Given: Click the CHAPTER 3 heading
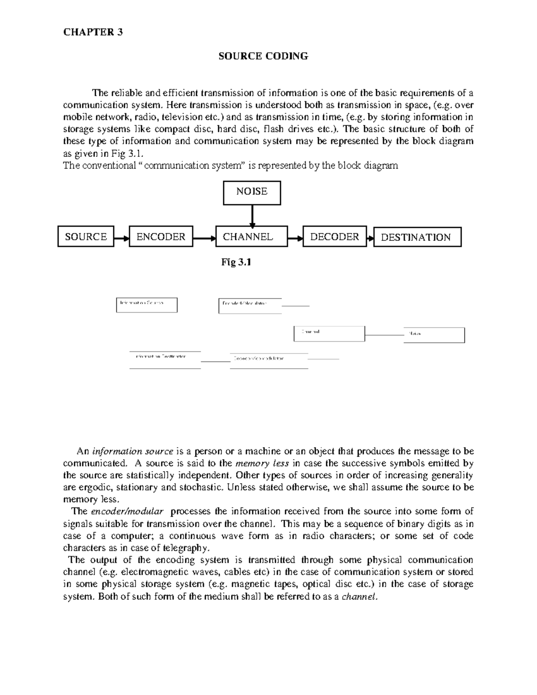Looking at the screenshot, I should pyautogui.click(x=93, y=32).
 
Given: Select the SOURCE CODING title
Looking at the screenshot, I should pyautogui.click(x=263, y=56).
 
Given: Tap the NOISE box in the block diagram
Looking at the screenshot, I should pyautogui.click(x=252, y=192).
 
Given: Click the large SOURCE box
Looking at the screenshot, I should pyautogui.click(x=86, y=237).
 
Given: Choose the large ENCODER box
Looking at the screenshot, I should pyautogui.click(x=161, y=237).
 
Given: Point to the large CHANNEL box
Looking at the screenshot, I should pyautogui.click(x=251, y=237).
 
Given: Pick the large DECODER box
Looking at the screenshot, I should pyautogui.click(x=334, y=237).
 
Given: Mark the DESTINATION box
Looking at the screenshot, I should pyautogui.click(x=417, y=237).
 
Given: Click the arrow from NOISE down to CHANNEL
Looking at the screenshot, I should pyautogui.click(x=252, y=216).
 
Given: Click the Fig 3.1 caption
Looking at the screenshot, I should pyautogui.click(x=236, y=263).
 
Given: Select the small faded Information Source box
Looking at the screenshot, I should pyautogui.click(x=147, y=305).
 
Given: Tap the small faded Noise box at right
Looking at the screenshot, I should pyautogui.click(x=434, y=335).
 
